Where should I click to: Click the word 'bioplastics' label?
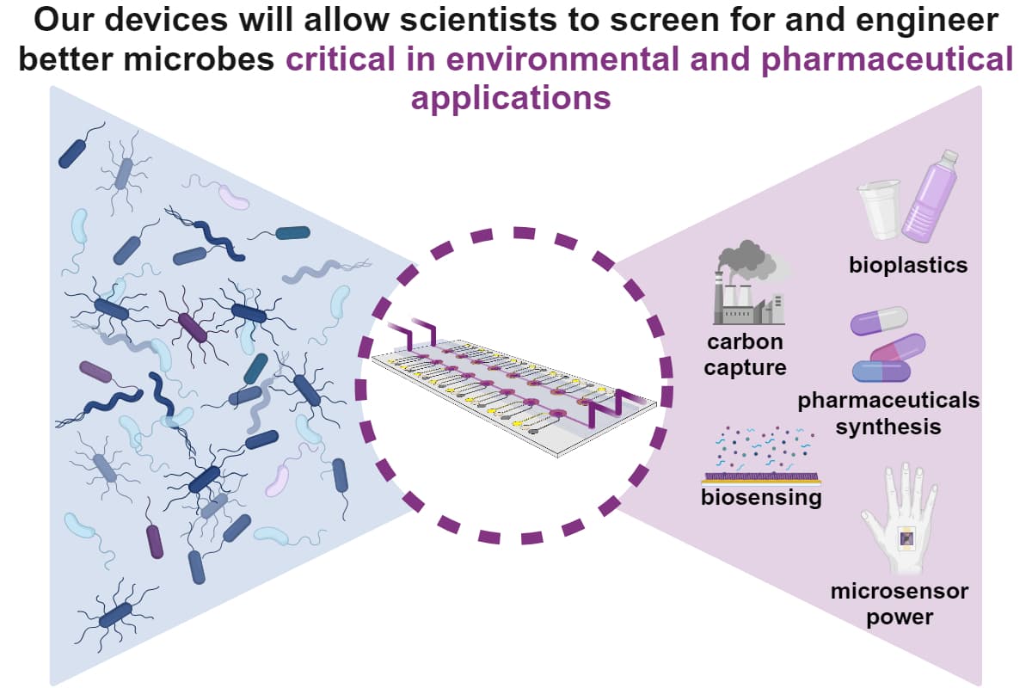907,264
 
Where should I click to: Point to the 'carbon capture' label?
746,354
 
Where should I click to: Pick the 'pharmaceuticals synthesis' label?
888,413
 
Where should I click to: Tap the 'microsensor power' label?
887,604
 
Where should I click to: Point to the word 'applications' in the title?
511,98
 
